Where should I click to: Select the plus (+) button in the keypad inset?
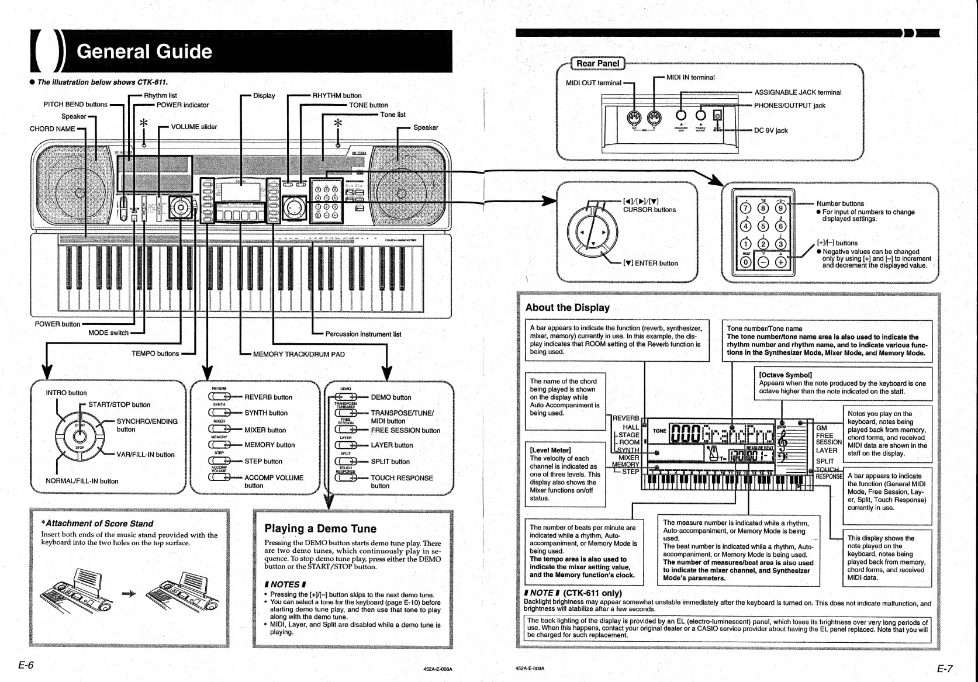click(x=780, y=262)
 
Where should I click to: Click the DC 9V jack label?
click(x=770, y=130)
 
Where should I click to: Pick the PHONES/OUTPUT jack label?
click(x=789, y=105)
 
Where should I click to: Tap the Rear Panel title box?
click(x=597, y=63)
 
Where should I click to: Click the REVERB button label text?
click(x=268, y=397)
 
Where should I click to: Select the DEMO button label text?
click(x=390, y=397)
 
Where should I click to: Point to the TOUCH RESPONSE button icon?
click(x=346, y=478)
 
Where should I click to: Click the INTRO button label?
click(x=66, y=393)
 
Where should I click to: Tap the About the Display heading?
click(x=567, y=307)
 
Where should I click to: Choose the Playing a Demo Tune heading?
click(x=320, y=529)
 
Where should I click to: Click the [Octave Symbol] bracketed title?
click(x=785, y=375)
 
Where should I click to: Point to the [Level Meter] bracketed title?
click(x=550, y=450)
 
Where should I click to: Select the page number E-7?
click(x=945, y=669)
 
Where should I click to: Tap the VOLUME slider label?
click(x=193, y=126)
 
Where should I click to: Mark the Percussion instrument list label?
click(x=363, y=334)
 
